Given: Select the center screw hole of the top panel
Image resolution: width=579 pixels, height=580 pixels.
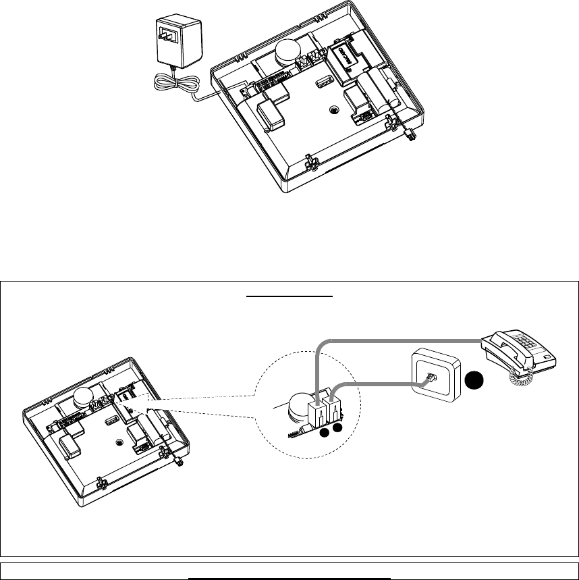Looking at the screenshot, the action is pyautogui.click(x=333, y=111).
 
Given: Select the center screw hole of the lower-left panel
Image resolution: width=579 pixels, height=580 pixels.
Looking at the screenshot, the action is pyautogui.click(x=119, y=442).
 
